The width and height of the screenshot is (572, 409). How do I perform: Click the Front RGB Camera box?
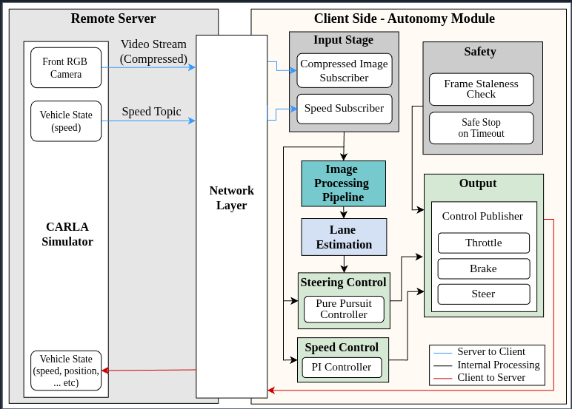pos(66,67)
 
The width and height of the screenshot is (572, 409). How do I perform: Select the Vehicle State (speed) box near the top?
pos(66,121)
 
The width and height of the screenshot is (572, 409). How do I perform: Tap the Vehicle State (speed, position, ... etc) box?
pos(66,371)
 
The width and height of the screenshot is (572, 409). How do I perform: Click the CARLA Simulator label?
pos(67,234)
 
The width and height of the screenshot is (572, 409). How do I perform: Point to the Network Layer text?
pos(231,197)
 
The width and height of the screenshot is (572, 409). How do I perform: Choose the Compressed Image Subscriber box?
pos(344,70)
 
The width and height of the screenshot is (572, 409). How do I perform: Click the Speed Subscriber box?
pos(344,108)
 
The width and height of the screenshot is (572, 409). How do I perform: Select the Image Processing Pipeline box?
pos(343,183)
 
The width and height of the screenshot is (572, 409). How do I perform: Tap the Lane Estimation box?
pos(344,237)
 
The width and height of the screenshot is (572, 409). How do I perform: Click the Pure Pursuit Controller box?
pos(344,309)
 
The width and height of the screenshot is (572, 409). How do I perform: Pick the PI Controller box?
pos(342,367)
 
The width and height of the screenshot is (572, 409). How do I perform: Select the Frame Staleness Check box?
pos(481,89)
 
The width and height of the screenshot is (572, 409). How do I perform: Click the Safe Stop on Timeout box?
pos(481,128)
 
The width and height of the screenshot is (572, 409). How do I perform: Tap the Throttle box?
pos(483,243)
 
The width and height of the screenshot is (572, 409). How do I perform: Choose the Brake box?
pos(483,268)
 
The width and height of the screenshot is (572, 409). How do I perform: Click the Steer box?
pos(483,294)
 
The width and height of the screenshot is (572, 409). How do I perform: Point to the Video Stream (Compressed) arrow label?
pos(153,51)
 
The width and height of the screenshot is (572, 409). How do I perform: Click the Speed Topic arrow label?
pos(151,112)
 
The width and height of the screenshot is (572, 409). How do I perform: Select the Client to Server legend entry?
pos(490,377)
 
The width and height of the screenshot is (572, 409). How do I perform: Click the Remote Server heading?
pos(113,18)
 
